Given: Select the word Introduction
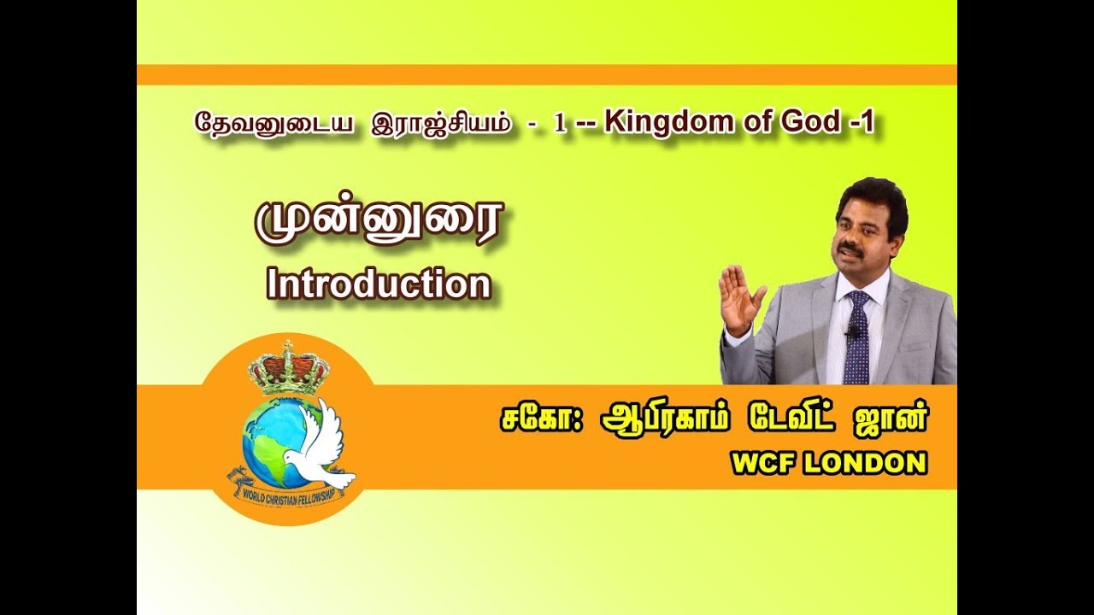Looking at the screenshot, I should coord(379,284).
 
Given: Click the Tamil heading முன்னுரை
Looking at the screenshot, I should coord(379,223).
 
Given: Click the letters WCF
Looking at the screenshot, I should coord(761,463).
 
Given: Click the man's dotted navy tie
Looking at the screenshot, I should coord(856,337).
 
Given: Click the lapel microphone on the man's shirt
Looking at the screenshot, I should coord(850,331).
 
